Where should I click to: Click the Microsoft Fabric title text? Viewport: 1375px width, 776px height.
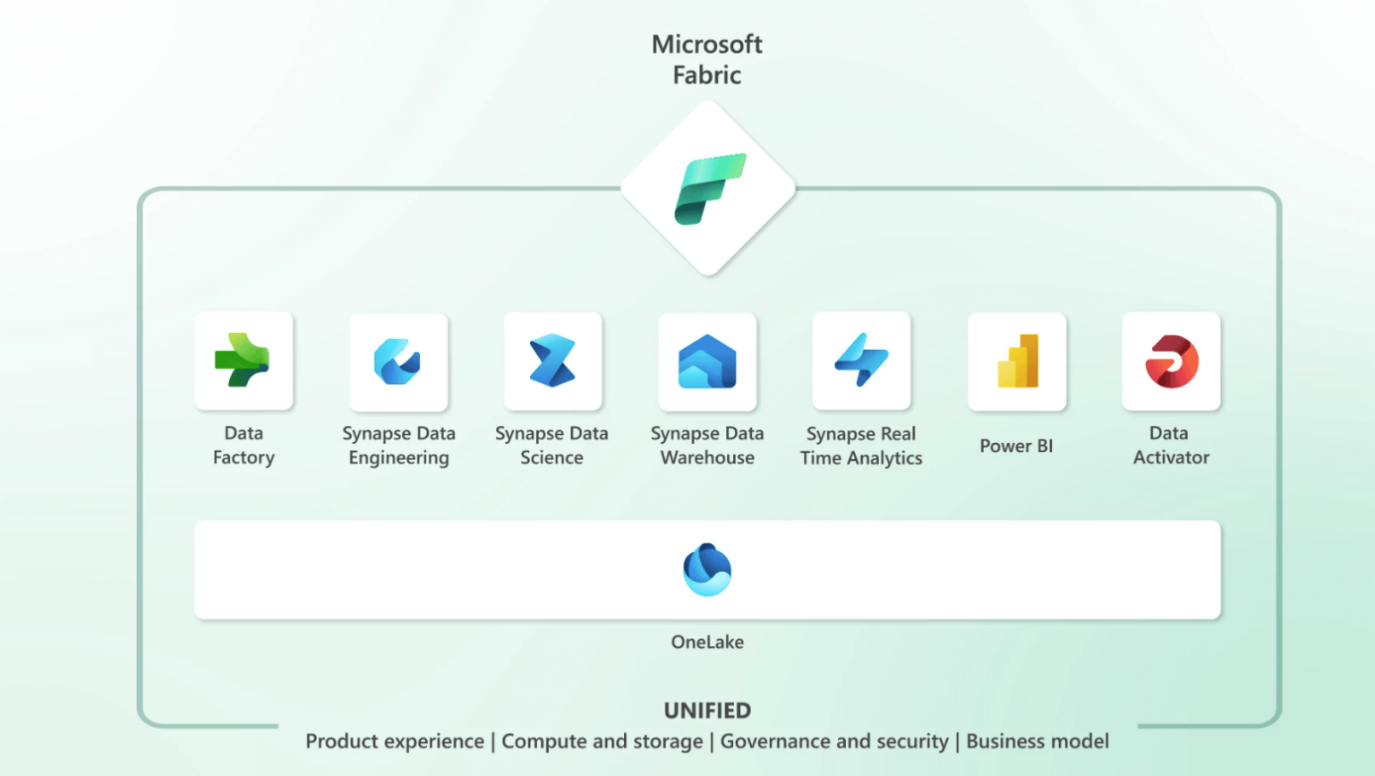tap(706, 59)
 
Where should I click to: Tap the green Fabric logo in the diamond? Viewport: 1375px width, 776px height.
tap(709, 189)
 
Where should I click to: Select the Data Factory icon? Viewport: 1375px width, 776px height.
tap(243, 361)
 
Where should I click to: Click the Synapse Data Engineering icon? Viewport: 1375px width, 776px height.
tap(397, 362)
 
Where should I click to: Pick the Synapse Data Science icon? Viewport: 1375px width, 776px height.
tap(552, 361)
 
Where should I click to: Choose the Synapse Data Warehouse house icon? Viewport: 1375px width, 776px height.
tap(707, 362)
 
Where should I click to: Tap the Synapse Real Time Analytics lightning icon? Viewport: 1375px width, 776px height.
tap(861, 360)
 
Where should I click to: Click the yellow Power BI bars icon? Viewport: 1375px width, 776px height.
tap(1018, 362)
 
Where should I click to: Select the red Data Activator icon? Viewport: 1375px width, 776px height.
tap(1171, 362)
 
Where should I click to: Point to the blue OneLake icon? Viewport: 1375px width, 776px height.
tap(707, 569)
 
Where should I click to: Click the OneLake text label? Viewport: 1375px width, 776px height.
tap(707, 642)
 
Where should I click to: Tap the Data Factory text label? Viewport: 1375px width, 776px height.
tap(243, 445)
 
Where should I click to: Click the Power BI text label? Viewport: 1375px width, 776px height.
tap(1016, 446)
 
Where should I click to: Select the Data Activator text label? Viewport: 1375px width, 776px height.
tap(1171, 445)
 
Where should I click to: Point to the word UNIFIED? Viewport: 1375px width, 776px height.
tap(707, 711)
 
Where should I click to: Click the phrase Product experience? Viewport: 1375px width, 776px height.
tap(394, 741)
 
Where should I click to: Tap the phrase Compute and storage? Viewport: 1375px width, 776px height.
tap(602, 741)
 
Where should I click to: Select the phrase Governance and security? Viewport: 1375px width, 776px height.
tap(834, 741)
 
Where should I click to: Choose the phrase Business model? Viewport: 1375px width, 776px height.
tap(1038, 741)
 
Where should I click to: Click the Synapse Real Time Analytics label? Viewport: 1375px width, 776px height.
tap(861, 446)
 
